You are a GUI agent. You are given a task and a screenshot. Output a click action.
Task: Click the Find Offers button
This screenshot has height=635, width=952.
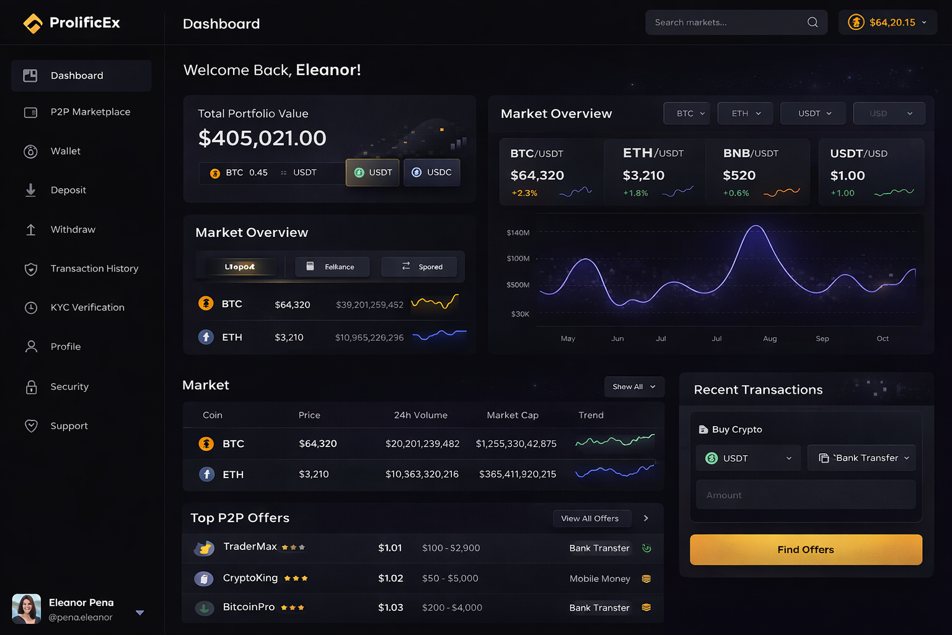pyautogui.click(x=806, y=549)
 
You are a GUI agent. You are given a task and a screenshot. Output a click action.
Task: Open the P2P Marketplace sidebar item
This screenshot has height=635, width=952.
pyautogui.click(x=90, y=112)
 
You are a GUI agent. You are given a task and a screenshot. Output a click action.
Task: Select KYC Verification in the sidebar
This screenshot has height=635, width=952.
pyautogui.click(x=87, y=308)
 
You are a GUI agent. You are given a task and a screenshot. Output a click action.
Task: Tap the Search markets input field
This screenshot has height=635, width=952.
pyautogui.click(x=725, y=23)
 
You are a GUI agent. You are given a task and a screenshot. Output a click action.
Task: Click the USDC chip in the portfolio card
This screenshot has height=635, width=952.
pyautogui.click(x=432, y=172)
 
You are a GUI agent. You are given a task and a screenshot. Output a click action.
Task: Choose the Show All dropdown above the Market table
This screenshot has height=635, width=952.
pyautogui.click(x=633, y=387)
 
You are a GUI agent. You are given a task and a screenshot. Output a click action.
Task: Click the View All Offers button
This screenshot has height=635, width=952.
pyautogui.click(x=590, y=518)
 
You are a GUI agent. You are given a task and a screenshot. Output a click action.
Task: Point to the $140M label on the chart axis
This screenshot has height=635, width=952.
pyautogui.click(x=518, y=233)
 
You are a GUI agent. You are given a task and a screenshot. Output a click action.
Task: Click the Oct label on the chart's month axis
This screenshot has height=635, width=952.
pyautogui.click(x=883, y=339)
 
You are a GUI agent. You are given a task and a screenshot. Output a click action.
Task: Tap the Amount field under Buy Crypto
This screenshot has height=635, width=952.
pyautogui.click(x=806, y=495)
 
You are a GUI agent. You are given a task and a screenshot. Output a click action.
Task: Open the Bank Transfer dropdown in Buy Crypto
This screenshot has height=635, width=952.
pyautogui.click(x=862, y=458)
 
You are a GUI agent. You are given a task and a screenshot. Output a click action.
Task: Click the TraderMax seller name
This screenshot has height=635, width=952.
pyautogui.click(x=250, y=547)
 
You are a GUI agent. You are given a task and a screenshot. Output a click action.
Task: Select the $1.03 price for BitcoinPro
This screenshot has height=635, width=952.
pyautogui.click(x=390, y=608)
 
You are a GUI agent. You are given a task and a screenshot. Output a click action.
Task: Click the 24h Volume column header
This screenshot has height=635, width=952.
pyautogui.click(x=420, y=415)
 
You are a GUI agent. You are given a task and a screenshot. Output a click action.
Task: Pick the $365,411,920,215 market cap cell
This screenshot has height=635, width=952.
pyautogui.click(x=518, y=474)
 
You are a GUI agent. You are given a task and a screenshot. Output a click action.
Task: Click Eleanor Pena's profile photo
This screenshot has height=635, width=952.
pyautogui.click(x=27, y=609)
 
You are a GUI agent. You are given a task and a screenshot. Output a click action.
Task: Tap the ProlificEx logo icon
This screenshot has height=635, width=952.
pyautogui.click(x=33, y=24)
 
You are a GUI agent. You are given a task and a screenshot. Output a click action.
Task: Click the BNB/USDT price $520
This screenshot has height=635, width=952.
pyautogui.click(x=739, y=176)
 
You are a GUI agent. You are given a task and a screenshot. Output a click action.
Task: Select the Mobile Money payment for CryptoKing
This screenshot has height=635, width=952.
pyautogui.click(x=599, y=579)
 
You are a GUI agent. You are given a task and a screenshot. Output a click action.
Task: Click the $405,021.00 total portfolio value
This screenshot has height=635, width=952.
pyautogui.click(x=262, y=138)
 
